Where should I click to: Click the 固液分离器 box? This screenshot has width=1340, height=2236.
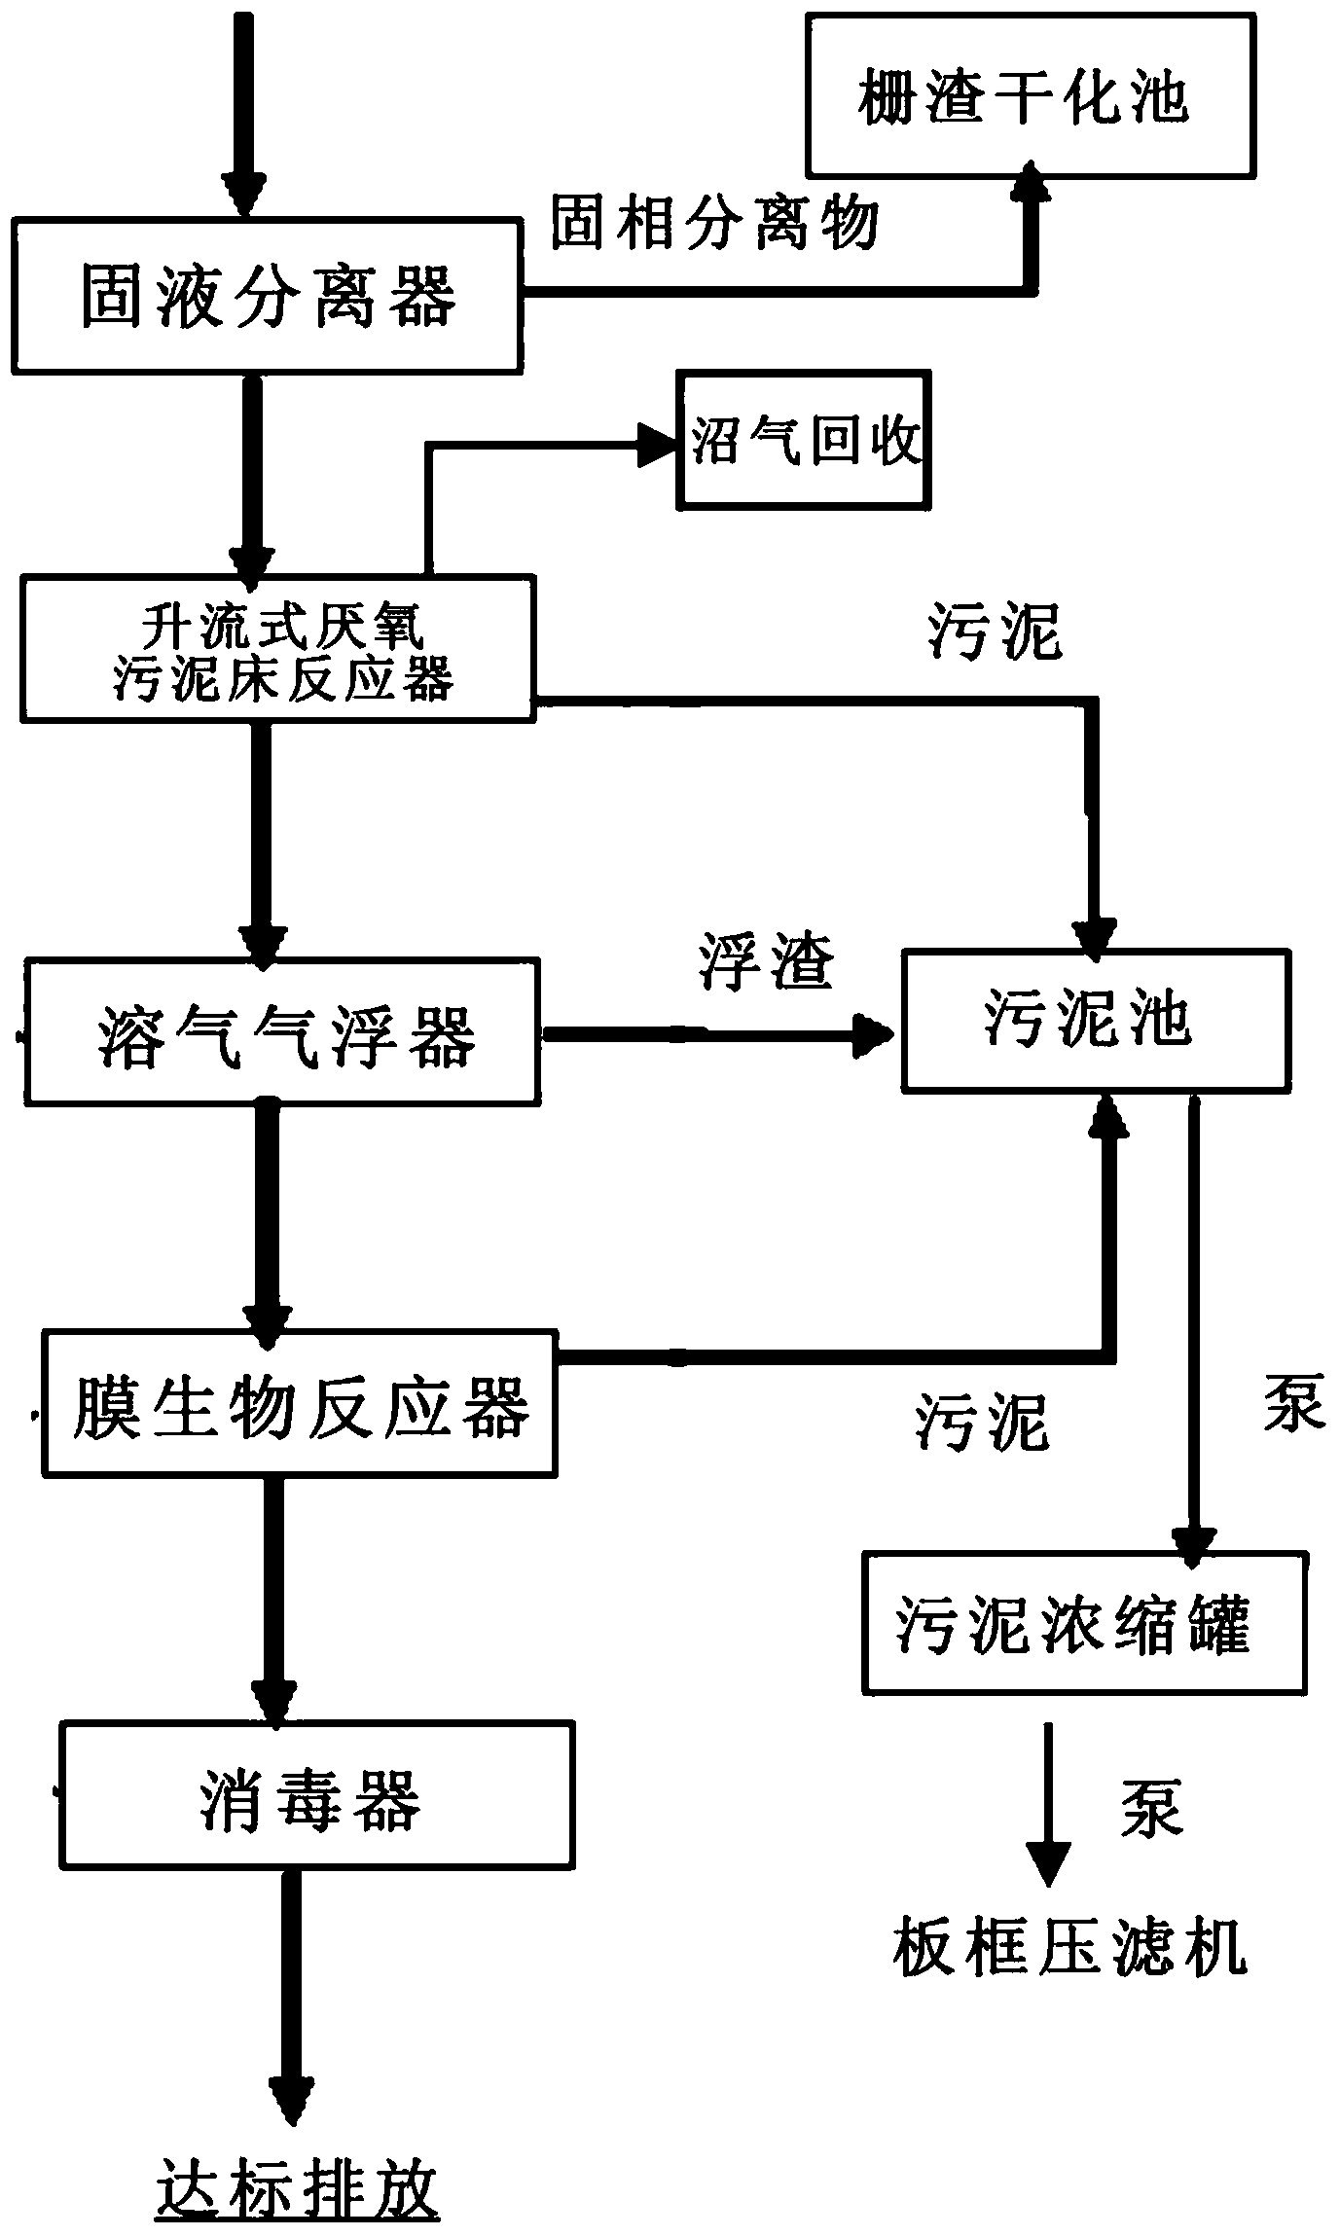267,296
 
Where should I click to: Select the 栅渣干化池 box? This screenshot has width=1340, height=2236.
1031,95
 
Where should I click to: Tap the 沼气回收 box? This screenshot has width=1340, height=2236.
804,440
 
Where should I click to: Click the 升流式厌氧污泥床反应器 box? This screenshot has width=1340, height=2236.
278,649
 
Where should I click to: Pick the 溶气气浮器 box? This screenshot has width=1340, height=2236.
283,1032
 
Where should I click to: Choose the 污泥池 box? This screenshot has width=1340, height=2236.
1096,1020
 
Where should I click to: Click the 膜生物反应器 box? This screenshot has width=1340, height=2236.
300,1403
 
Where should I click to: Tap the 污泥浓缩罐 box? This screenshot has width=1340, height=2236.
1084,1624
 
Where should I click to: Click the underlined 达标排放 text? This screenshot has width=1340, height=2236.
298,2185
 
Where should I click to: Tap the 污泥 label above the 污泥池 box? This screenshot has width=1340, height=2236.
995,632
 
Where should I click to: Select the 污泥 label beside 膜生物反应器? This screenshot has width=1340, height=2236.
981,1424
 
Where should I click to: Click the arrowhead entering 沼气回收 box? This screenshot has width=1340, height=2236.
658,443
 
